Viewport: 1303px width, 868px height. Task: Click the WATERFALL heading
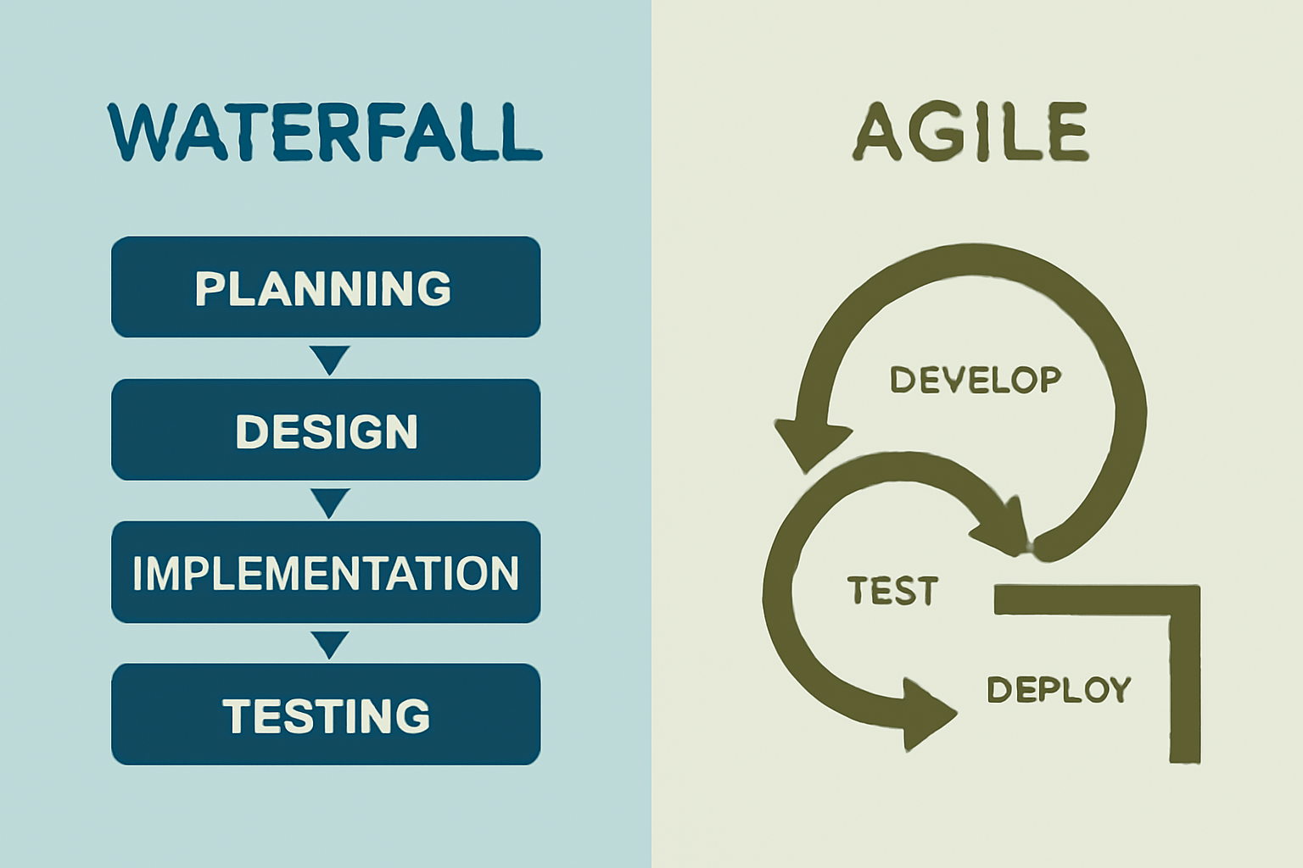[x=325, y=132]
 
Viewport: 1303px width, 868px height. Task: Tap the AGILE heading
[x=970, y=132]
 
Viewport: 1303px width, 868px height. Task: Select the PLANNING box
[x=326, y=287]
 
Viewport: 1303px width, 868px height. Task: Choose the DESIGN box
[x=326, y=430]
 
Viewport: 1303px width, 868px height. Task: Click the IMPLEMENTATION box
[x=326, y=572]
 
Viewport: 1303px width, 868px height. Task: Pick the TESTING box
[x=326, y=715]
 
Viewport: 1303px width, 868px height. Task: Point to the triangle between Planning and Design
[x=329, y=358]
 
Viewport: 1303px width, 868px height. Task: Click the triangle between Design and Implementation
[x=329, y=500]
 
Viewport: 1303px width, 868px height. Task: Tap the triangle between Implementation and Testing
[x=329, y=643]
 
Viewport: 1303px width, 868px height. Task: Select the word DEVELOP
[x=976, y=379]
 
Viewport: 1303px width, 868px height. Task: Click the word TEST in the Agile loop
[x=892, y=591]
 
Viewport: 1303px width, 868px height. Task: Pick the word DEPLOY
[x=1059, y=690]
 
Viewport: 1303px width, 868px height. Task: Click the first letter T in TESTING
[x=237, y=715]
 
